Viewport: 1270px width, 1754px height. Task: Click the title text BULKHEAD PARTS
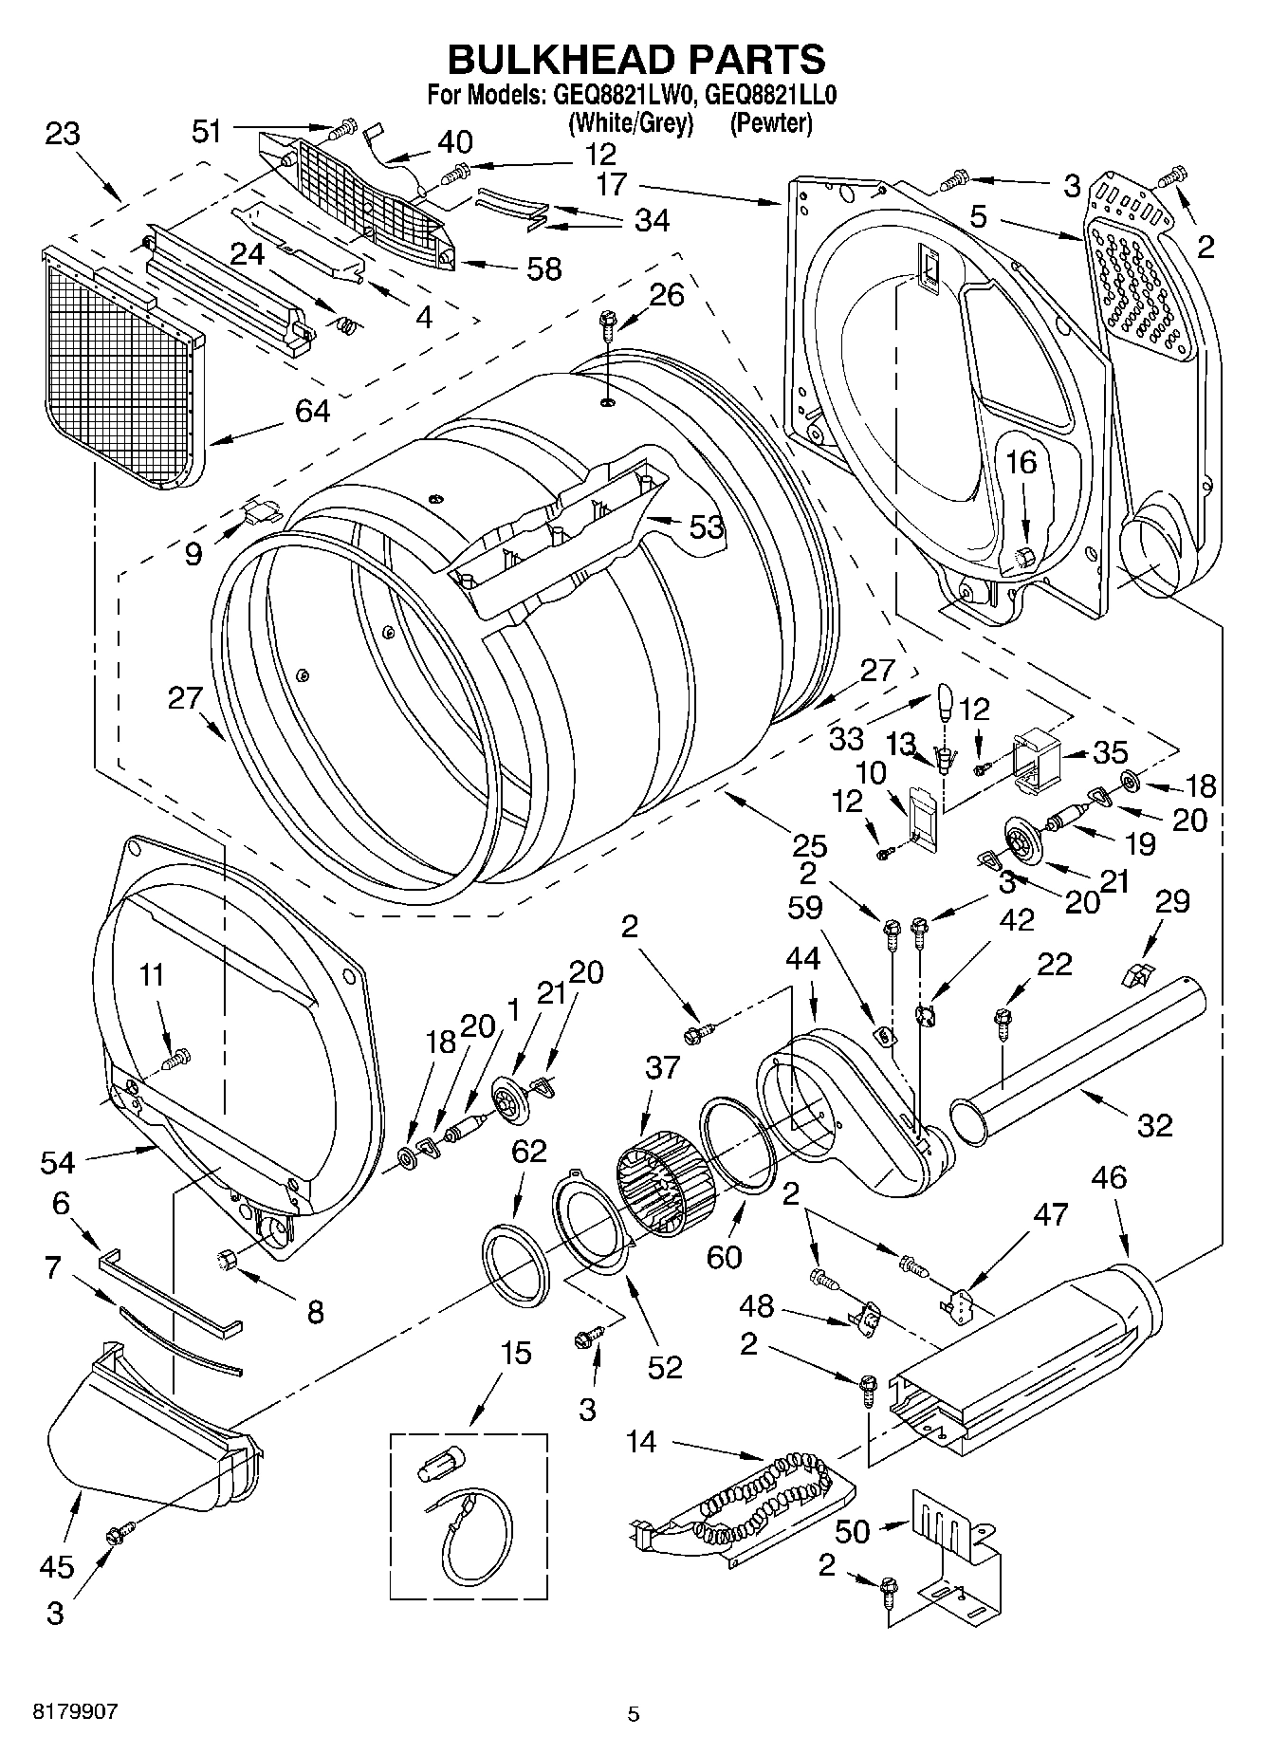point(635,59)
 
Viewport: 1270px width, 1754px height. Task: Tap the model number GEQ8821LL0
point(770,95)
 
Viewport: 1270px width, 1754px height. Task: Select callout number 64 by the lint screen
point(312,412)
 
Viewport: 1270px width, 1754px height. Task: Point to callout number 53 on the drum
point(707,527)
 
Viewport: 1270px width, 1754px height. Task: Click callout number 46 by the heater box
point(1108,1177)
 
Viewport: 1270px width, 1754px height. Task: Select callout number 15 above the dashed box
point(516,1353)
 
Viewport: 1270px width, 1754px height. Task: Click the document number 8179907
point(76,1713)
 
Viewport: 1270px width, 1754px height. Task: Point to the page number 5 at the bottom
point(634,1714)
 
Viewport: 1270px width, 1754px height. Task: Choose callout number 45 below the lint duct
point(56,1566)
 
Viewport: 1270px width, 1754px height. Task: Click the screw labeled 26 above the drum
point(607,328)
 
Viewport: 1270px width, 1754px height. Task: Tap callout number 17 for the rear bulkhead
point(613,184)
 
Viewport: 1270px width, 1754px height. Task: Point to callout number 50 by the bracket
point(853,1530)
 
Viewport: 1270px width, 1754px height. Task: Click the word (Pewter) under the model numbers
point(770,123)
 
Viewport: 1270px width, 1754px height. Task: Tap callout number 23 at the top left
point(63,134)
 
